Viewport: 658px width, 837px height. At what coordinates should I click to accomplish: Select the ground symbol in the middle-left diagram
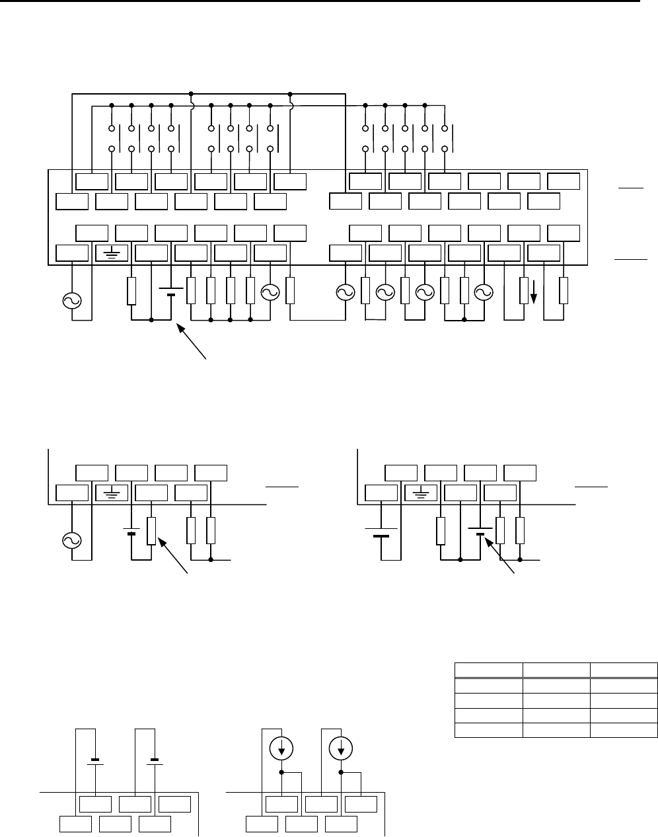point(112,493)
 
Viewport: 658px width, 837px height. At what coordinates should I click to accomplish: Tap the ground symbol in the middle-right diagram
point(421,493)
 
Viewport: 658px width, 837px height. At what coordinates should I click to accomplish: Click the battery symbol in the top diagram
point(171,292)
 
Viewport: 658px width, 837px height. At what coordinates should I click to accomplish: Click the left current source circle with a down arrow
point(281,749)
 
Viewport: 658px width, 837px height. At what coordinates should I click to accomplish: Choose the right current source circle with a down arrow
point(341,749)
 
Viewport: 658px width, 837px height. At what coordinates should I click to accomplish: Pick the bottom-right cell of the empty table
point(624,729)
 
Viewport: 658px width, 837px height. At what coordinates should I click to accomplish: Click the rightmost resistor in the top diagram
point(564,291)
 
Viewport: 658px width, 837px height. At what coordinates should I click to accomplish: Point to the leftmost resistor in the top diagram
point(131,291)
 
